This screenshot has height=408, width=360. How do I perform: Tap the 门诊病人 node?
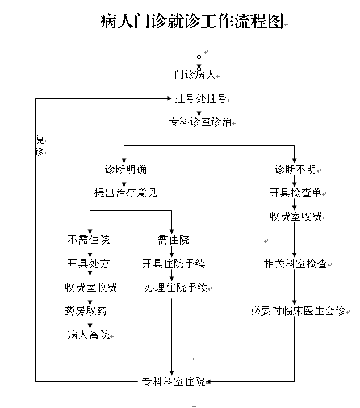pyautogui.click(x=195, y=75)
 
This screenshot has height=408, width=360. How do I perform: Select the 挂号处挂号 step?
pyautogui.click(x=200, y=99)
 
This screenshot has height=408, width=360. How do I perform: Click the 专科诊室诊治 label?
pyautogui.click(x=200, y=122)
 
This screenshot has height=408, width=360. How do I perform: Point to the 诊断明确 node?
pyautogui.click(x=125, y=170)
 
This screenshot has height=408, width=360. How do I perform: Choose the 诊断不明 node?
pyautogui.click(x=295, y=170)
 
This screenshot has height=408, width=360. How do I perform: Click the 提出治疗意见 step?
pyautogui.click(x=125, y=193)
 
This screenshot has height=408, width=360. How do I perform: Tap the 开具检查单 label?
pyautogui.click(x=295, y=193)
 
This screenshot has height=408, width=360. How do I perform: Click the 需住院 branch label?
pyautogui.click(x=173, y=240)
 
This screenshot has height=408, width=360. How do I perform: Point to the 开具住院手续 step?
pyautogui.click(x=173, y=264)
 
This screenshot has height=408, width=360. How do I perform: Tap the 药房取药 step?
pyautogui.click(x=86, y=311)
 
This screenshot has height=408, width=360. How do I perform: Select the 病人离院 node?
pyautogui.click(x=89, y=335)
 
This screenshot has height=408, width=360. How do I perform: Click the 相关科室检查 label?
pyautogui.click(x=295, y=264)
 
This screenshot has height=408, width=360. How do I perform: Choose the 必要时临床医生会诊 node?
pyautogui.click(x=298, y=311)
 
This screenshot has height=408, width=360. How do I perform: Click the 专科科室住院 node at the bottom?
pyautogui.click(x=173, y=382)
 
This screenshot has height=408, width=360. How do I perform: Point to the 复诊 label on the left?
pyautogui.click(x=39, y=145)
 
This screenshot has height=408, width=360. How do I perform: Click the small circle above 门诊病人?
pyautogui.click(x=199, y=57)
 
